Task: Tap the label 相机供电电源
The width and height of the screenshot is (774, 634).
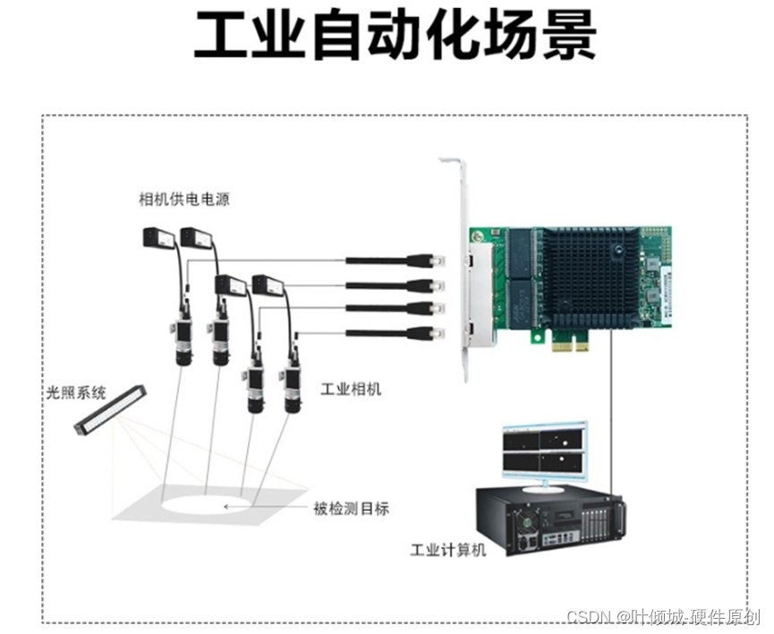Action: coord(184,199)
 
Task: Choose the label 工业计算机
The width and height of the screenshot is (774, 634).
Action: coord(447,550)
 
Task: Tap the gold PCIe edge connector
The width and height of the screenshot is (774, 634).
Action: coord(572,343)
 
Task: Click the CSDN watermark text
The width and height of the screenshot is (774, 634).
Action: coord(662,617)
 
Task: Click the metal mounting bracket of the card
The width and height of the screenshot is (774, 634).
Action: coord(454,268)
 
